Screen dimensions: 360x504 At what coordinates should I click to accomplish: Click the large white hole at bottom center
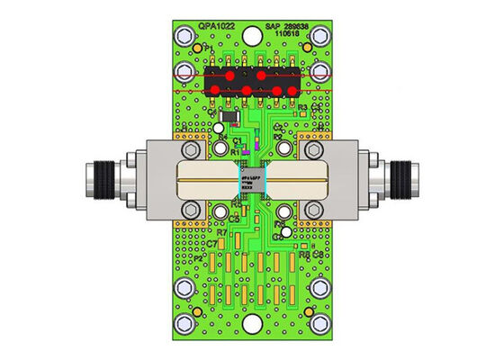point(286,231)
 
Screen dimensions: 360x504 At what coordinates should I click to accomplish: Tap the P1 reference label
point(208,47)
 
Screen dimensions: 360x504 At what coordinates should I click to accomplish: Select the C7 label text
point(211,243)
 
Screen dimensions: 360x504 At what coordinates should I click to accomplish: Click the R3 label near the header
point(303,108)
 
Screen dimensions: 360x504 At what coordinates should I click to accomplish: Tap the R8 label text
point(304,256)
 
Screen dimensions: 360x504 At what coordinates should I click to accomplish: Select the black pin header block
point(252,82)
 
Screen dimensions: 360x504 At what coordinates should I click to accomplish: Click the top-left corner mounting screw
point(185,38)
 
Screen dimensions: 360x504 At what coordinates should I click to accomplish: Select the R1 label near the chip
point(235,152)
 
